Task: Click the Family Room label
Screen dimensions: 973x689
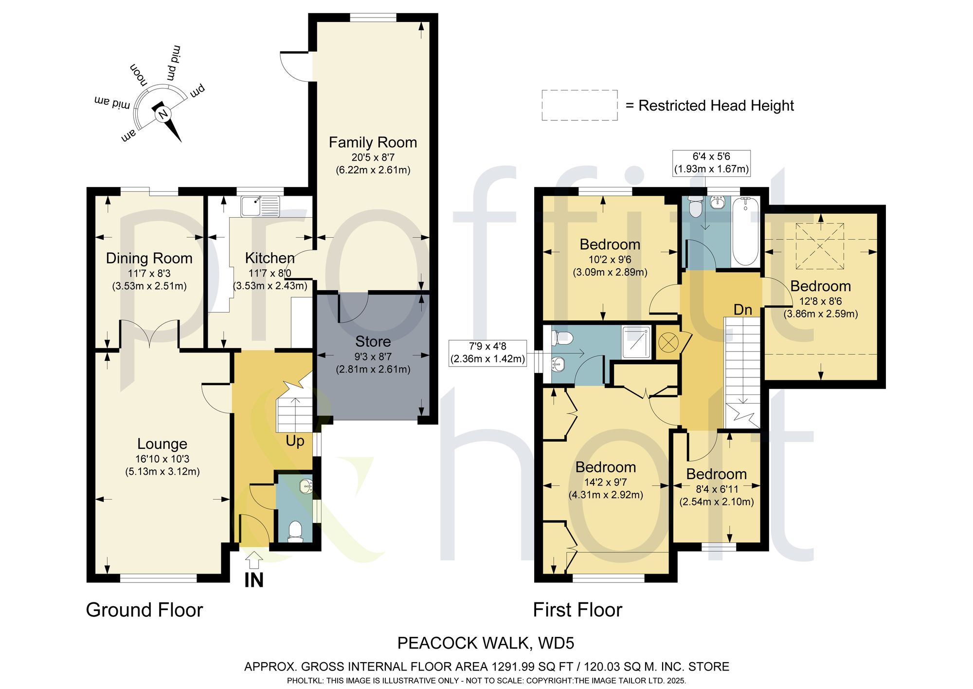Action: [x=373, y=142]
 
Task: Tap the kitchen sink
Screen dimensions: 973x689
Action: [x=260, y=206]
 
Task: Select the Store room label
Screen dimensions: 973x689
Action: [x=373, y=341]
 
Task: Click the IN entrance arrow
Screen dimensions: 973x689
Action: [x=253, y=560]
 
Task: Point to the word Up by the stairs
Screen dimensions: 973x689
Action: [x=295, y=441]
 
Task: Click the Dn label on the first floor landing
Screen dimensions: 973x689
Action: [x=742, y=310]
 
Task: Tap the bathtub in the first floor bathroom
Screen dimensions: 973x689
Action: [x=745, y=231]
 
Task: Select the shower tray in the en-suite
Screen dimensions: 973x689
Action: [x=636, y=342]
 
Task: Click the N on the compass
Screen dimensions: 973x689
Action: [x=163, y=114]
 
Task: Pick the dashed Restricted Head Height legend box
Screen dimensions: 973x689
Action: [x=579, y=105]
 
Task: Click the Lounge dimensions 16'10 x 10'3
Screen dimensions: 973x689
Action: [x=162, y=459]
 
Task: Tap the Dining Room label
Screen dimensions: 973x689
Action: [x=149, y=258]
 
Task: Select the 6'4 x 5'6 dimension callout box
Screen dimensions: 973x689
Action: [x=711, y=163]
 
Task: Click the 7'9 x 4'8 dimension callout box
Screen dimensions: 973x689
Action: [x=487, y=353]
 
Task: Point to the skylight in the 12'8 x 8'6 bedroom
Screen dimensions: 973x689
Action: [x=820, y=246]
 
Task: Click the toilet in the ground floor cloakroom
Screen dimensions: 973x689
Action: [x=295, y=532]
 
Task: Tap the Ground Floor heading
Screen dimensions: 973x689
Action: [x=144, y=610]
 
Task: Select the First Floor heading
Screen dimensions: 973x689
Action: [x=577, y=610]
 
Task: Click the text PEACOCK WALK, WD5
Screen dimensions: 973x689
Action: [x=486, y=643]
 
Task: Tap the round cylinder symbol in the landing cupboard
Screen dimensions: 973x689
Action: [x=668, y=342]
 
